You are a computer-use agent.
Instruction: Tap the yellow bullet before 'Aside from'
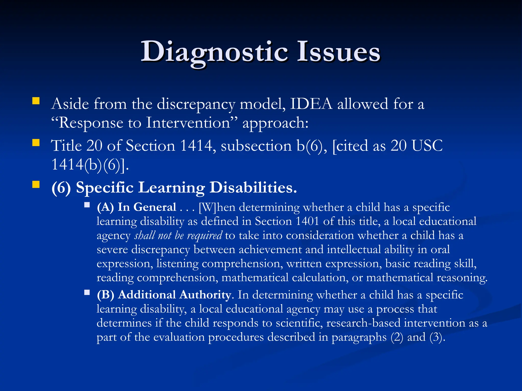pos(36,101)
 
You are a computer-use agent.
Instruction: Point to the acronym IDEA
pos(311,104)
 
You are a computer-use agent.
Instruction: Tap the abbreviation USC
pos(427,146)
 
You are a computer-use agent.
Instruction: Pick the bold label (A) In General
pos(136,207)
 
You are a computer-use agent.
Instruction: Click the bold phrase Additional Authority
pos(175,295)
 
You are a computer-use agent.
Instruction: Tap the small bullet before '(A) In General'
pos(87,205)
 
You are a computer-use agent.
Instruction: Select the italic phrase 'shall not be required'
pos(178,235)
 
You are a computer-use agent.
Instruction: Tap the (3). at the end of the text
pos(437,337)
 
